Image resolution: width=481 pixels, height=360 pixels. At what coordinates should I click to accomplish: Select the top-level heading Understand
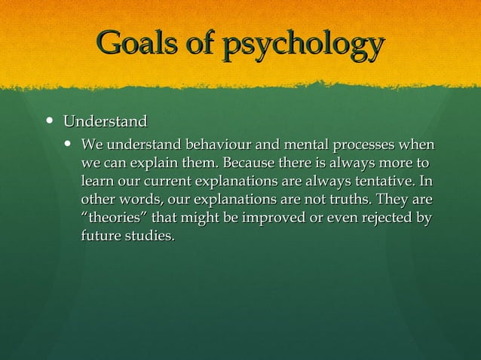pyautogui.click(x=105, y=121)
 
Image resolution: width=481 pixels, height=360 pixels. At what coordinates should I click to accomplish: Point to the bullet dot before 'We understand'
pyautogui.click(x=69, y=143)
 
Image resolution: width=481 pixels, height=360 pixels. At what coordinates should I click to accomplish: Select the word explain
pyautogui.click(x=151, y=163)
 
